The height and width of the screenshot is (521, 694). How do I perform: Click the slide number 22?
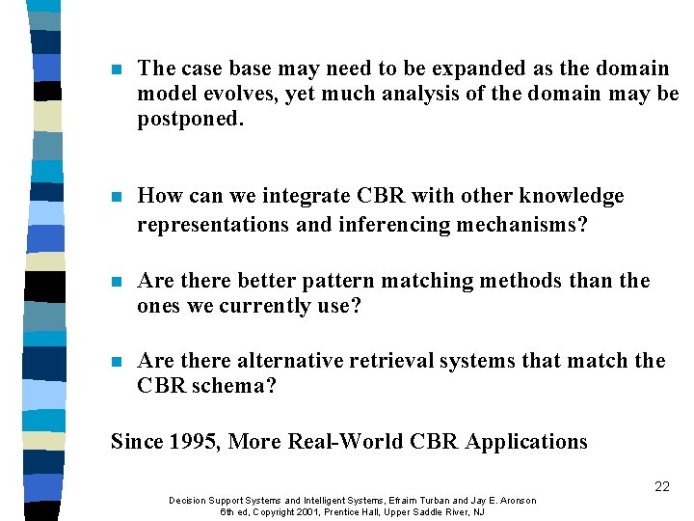(661, 486)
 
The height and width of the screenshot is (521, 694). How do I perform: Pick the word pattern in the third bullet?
(335, 281)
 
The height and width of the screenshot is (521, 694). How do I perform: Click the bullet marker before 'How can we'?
(116, 197)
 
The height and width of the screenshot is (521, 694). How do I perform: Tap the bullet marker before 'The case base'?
(116, 69)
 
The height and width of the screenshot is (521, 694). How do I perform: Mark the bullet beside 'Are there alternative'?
(116, 362)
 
